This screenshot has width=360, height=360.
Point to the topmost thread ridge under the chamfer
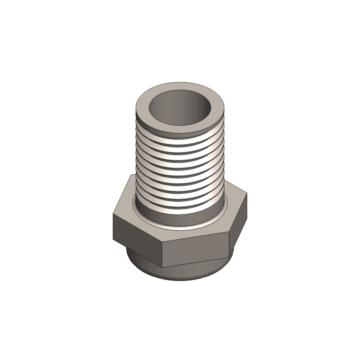coord(180,139)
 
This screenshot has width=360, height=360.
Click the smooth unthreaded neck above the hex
coord(180,218)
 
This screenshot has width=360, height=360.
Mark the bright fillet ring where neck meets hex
coord(180,228)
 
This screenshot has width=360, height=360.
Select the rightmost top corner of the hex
coord(247,193)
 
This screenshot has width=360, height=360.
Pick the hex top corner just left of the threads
coord(131,175)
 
